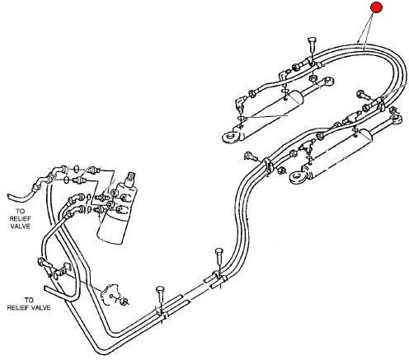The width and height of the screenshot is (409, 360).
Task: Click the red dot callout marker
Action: tap(376, 7)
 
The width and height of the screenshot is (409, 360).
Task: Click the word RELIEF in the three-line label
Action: tap(21, 219)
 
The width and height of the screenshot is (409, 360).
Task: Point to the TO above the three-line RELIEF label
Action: tap(20, 211)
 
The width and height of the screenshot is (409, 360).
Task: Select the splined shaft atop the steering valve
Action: tap(130, 178)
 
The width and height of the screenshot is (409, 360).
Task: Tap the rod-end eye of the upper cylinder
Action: tap(328, 81)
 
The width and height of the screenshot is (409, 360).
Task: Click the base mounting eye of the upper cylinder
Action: tap(230, 137)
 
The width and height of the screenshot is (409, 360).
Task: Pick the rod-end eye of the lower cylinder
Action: tap(395, 119)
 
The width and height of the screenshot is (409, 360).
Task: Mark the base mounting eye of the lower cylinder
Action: tap(298, 176)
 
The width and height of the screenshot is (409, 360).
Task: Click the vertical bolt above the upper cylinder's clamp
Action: tap(312, 47)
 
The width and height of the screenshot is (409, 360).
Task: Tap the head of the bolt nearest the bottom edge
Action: tap(160, 290)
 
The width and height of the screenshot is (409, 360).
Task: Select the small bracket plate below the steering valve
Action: tap(110, 294)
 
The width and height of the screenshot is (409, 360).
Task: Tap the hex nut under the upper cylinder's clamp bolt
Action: tap(313, 78)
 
